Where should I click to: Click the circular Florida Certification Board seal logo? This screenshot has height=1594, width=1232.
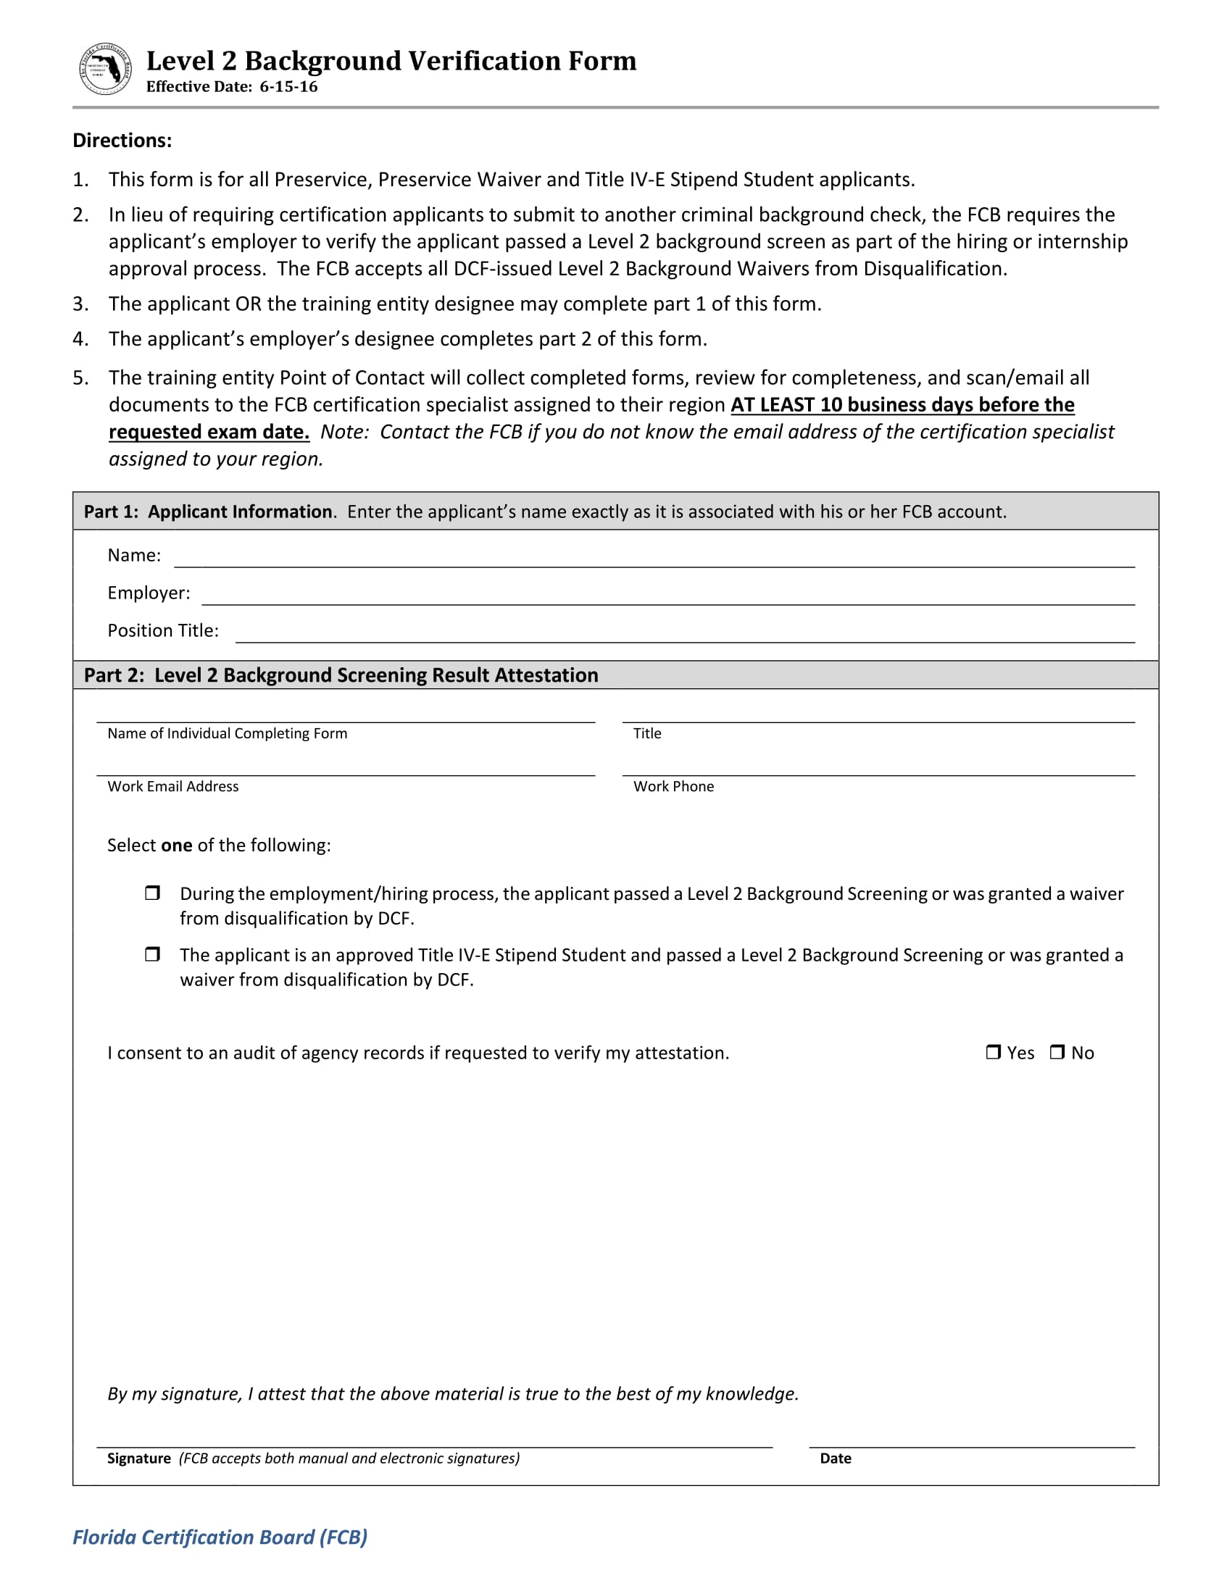coord(105,70)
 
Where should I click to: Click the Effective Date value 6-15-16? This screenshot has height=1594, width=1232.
coord(288,87)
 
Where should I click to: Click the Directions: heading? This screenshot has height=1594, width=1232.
coord(122,140)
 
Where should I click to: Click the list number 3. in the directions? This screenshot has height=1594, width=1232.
coord(80,304)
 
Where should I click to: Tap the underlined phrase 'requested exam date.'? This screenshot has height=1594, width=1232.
coord(209,432)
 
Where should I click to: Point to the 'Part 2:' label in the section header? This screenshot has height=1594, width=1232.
coord(114,675)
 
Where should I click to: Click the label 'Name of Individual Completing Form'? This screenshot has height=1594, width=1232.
coord(227,733)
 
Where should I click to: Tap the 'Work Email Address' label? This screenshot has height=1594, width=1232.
coord(173,787)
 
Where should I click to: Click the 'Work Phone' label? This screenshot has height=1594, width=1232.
coord(673,787)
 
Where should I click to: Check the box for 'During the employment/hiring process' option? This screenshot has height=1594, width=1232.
coord(151,893)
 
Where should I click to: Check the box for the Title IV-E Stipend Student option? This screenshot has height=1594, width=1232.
coord(151,954)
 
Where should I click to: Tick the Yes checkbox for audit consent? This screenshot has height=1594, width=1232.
coord(993,1052)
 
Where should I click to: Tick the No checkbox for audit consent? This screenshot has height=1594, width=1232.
coord(1057,1052)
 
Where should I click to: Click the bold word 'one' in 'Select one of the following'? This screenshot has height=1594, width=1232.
coord(177,845)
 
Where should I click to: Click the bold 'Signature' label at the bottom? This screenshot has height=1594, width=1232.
coord(138,1459)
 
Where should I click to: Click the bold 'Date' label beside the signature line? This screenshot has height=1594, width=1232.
coord(835,1459)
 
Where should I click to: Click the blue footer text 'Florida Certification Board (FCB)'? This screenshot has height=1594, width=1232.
coord(220,1537)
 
